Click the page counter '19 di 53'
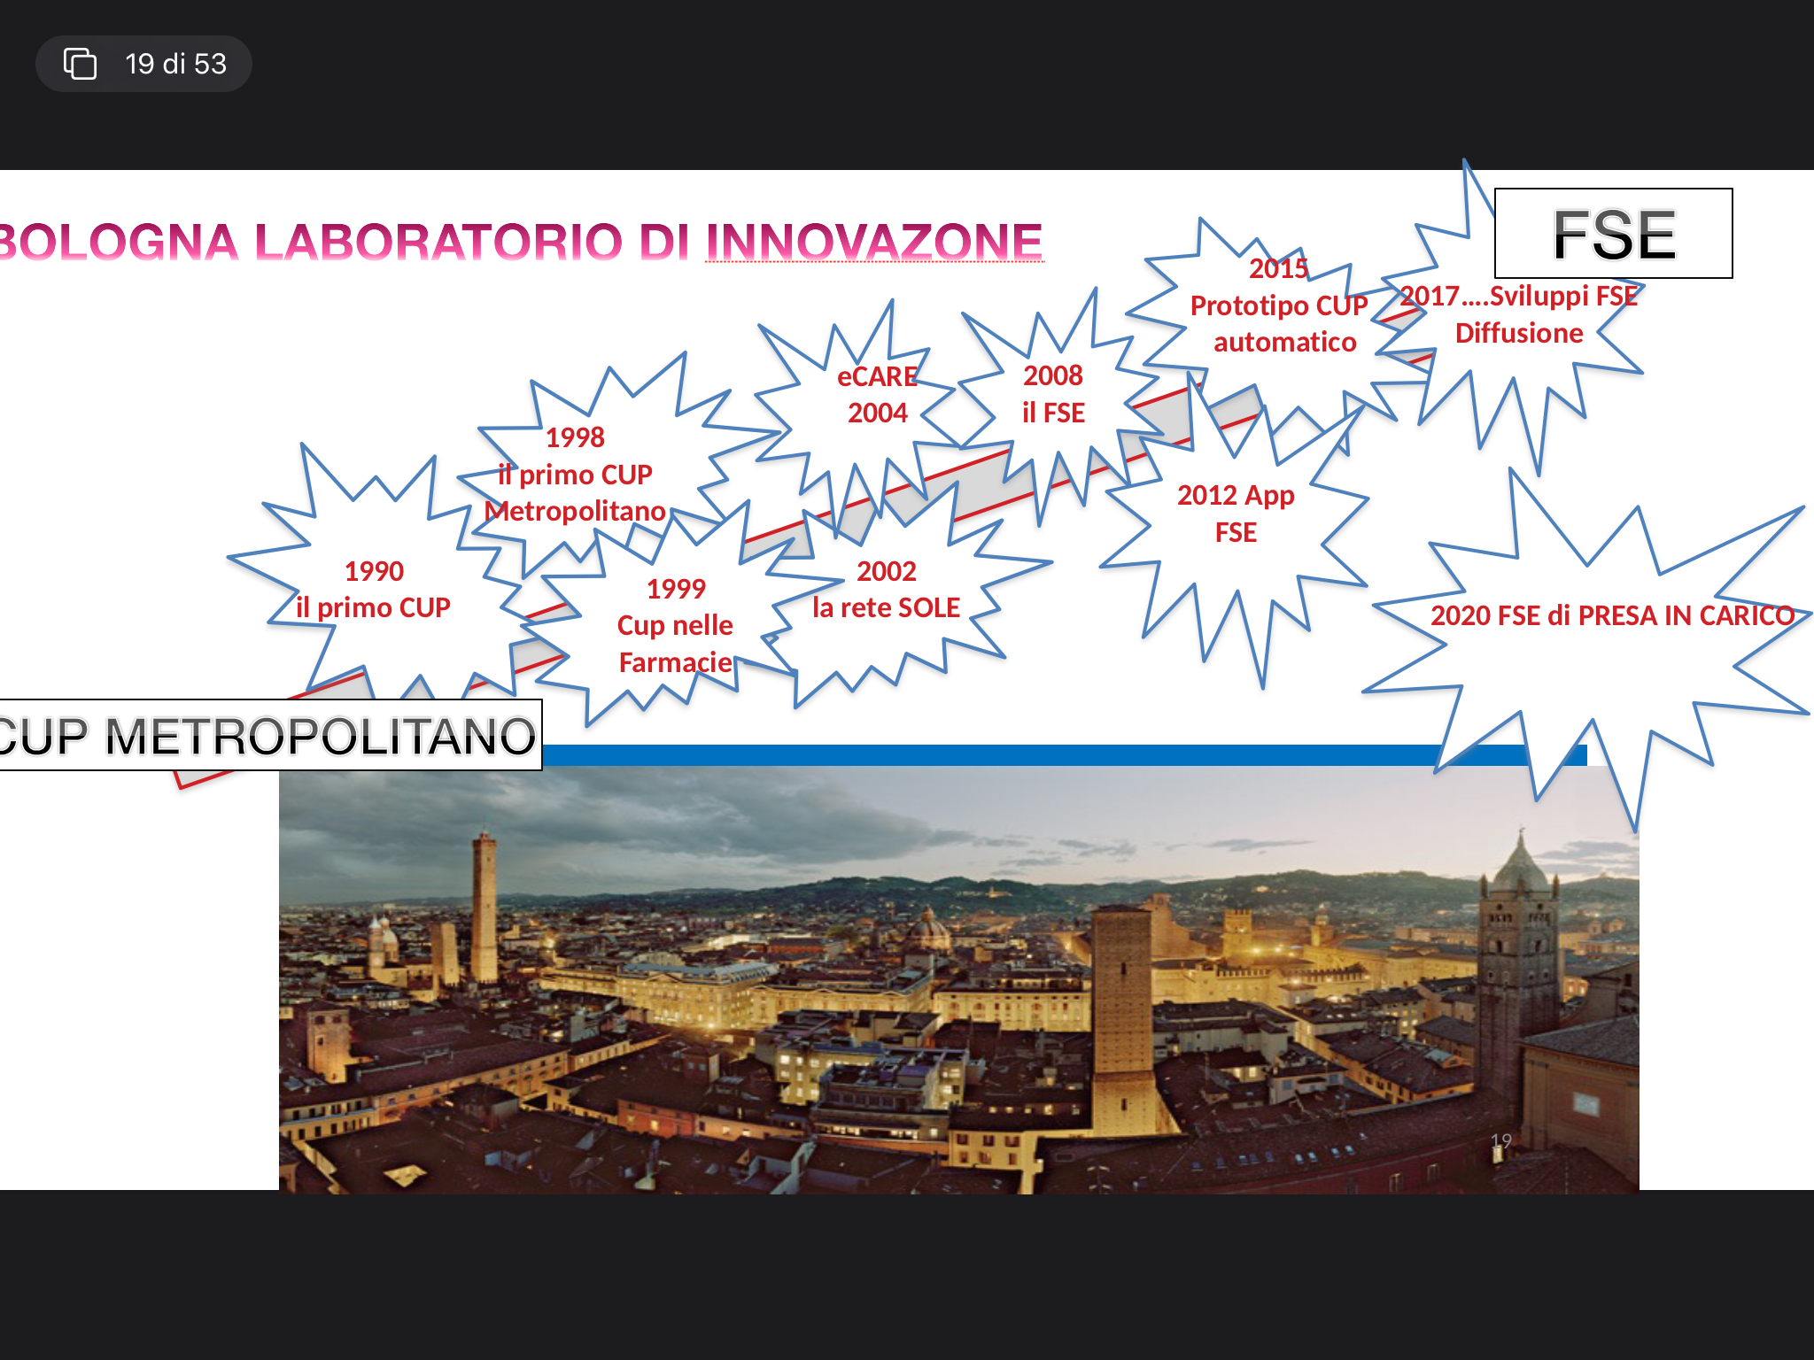pos(175,64)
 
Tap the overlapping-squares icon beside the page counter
pos(80,64)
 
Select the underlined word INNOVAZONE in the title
pos(874,242)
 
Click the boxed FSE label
pos(1614,234)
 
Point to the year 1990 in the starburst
pos(374,571)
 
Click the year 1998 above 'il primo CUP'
pos(575,437)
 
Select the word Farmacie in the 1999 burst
pos(676,662)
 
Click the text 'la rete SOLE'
pos(886,607)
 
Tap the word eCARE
pos(877,376)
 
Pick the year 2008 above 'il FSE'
pos(1053,375)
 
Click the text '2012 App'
pos(1236,496)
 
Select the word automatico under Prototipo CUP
pos(1284,342)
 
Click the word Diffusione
pos(1519,333)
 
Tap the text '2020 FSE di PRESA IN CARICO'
pos(1612,615)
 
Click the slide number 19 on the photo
pos(1500,1141)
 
